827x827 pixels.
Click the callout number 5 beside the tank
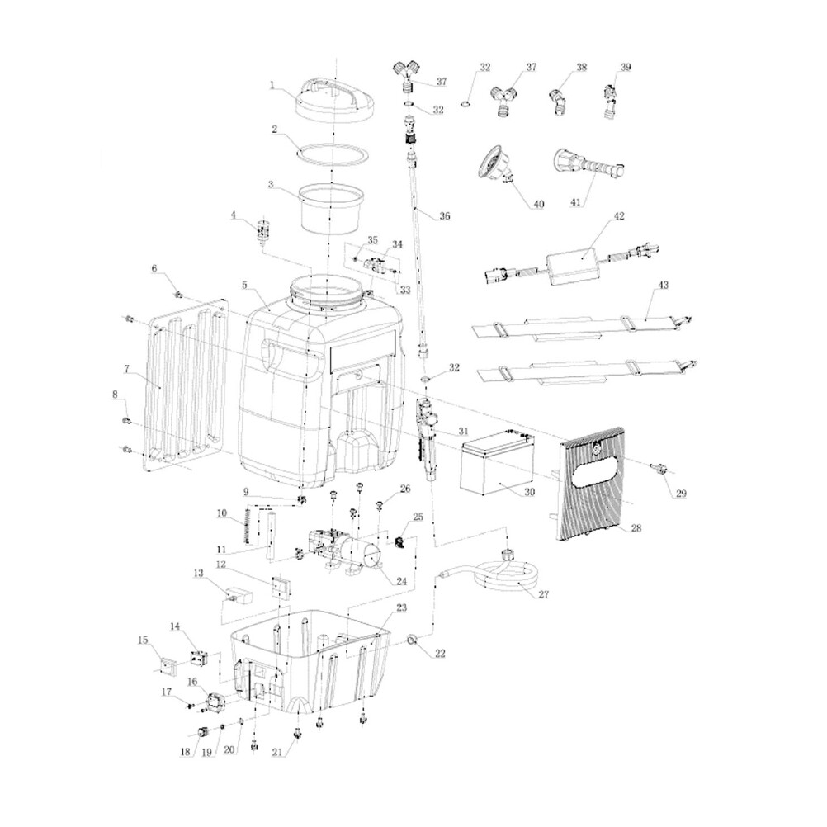tap(244, 284)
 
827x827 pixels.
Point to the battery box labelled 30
tap(495, 468)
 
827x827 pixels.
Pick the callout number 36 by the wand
tap(444, 216)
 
